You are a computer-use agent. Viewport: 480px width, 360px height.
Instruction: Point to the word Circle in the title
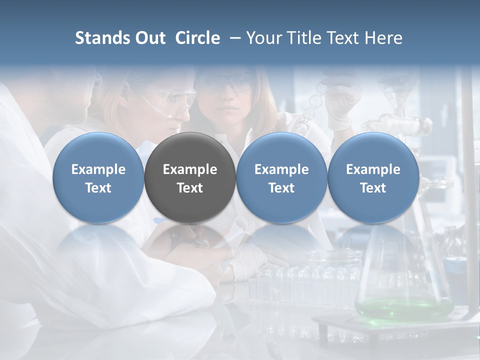pyautogui.click(x=197, y=38)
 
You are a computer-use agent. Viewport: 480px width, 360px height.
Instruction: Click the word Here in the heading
pyautogui.click(x=383, y=38)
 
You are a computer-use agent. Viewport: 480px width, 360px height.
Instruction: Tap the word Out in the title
pyautogui.click(x=148, y=38)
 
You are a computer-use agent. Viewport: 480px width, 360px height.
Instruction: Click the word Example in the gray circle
pyautogui.click(x=190, y=169)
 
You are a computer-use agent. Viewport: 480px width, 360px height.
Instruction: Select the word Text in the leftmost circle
pyautogui.click(x=98, y=188)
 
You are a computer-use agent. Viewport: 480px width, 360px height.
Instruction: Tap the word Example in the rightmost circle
pyautogui.click(x=373, y=169)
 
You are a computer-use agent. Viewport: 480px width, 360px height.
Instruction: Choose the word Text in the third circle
pyautogui.click(x=281, y=188)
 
